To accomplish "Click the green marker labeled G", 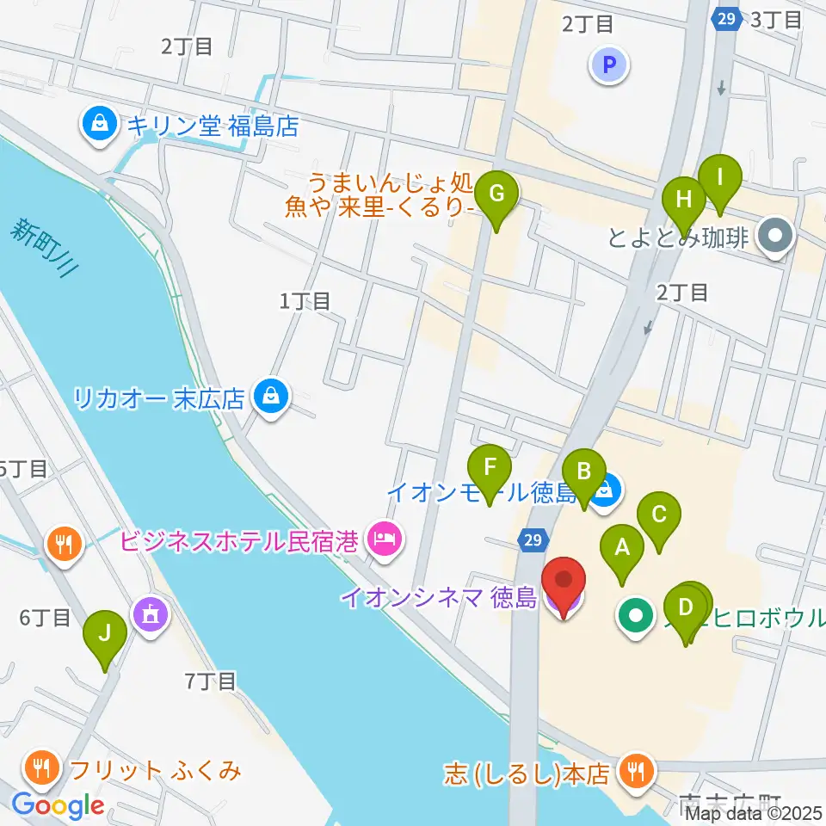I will pos(496,194).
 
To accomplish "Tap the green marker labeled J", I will pos(105,634).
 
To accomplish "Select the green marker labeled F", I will pos(490,468).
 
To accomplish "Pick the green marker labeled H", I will pos(684,200).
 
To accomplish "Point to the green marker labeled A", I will pos(625,548).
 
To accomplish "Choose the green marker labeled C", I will pos(659,515).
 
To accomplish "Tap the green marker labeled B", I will pos(583,472).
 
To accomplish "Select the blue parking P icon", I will pos(610,65).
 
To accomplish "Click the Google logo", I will pos(58,806).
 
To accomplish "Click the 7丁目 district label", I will pos(211,681).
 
